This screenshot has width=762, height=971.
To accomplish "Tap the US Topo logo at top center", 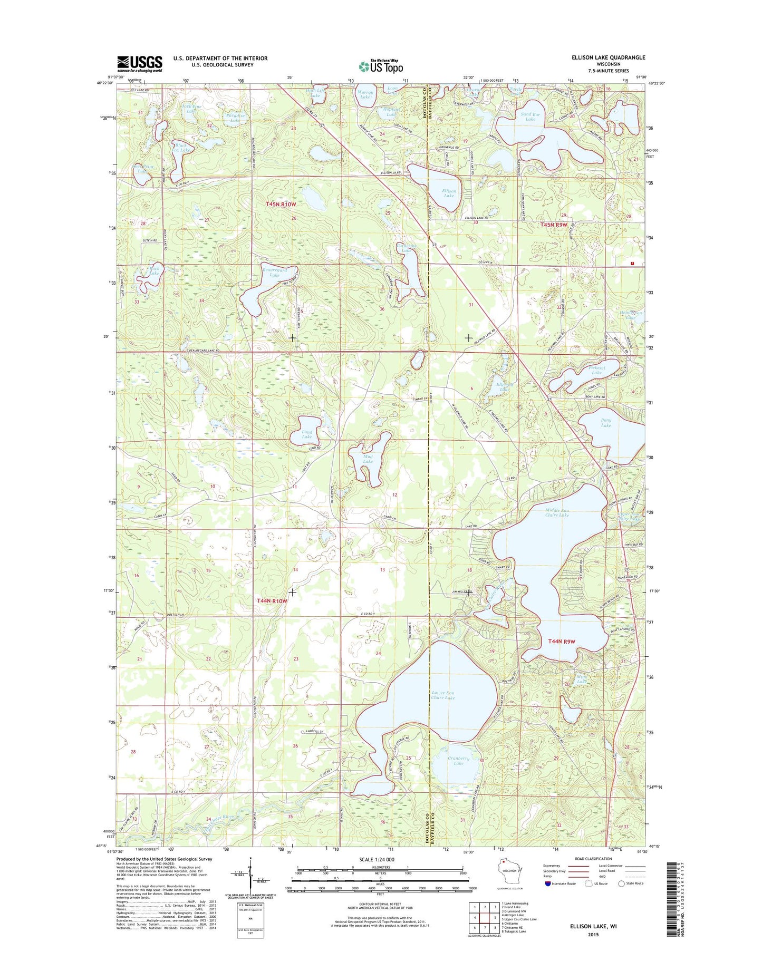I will click(381, 66).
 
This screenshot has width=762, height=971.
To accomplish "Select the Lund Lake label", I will click(306, 434).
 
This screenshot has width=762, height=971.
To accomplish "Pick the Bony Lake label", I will click(606, 423).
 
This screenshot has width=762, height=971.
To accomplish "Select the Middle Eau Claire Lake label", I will click(557, 512).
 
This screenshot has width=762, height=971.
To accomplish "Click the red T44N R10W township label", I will click(272, 600).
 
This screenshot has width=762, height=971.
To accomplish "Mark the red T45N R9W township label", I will click(553, 225).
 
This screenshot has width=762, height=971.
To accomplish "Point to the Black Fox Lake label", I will click(181, 148).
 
